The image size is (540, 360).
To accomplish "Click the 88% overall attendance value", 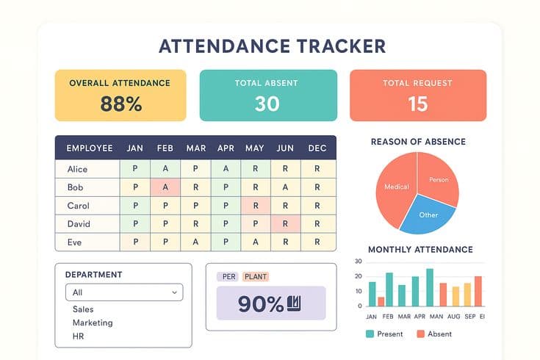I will click(120, 104).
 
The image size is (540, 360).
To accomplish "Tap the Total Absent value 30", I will click(267, 104).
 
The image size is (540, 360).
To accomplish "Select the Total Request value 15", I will click(417, 104).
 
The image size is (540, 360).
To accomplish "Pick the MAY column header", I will click(255, 148).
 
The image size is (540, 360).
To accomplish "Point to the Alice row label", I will click(77, 168).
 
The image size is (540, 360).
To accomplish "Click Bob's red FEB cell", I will click(165, 187).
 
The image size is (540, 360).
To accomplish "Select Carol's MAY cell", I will click(255, 205).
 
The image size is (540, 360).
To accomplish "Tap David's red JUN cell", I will click(285, 223).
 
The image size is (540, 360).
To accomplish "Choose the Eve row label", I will click(74, 241).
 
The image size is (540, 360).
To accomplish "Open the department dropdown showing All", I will click(123, 292).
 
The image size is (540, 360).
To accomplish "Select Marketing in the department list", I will click(93, 323).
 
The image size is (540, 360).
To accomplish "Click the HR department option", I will click(79, 336).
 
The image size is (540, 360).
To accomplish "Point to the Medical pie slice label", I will click(396, 187).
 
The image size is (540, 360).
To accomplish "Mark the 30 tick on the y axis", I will click(358, 262).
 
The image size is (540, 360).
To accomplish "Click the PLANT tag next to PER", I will click(255, 276).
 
